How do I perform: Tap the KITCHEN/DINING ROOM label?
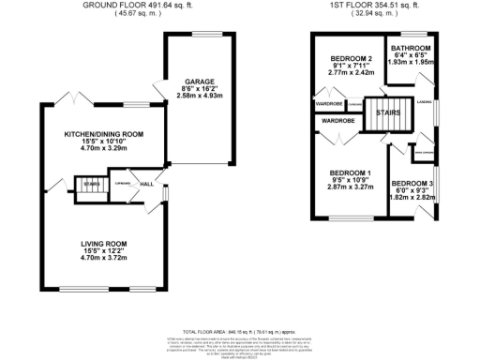click(103, 134)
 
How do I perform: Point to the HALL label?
click(147, 185)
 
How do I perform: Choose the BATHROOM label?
click(411, 48)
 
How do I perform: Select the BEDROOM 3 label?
click(412, 183)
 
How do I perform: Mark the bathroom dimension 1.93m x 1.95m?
click(411, 62)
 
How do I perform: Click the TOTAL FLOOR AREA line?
click(239, 332)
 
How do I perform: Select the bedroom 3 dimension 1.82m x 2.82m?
click(412, 198)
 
